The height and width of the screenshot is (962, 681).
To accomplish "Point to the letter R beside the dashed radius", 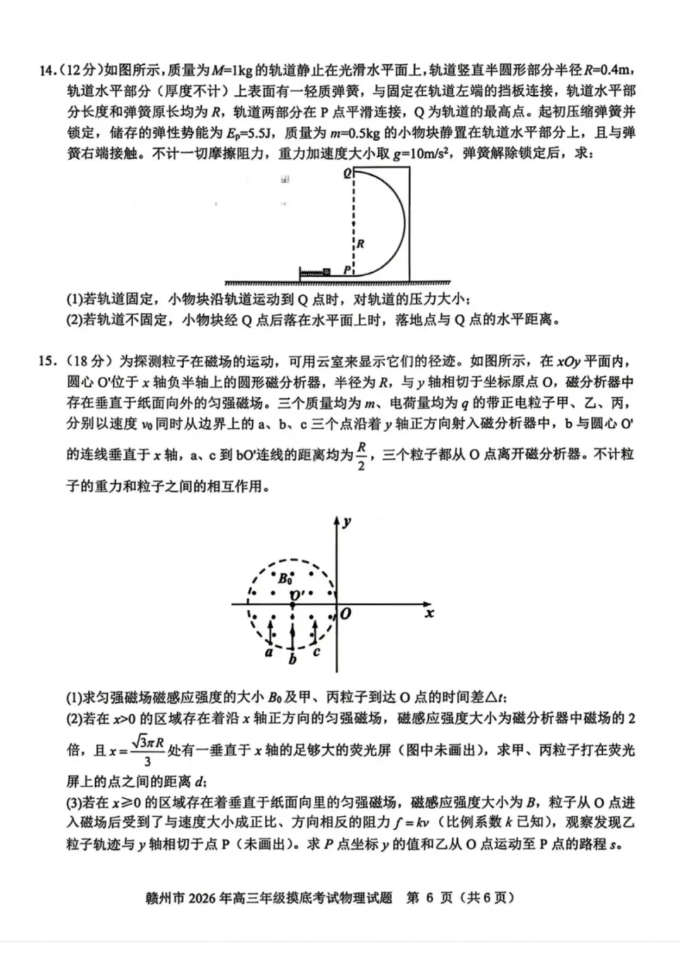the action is click(x=360, y=244).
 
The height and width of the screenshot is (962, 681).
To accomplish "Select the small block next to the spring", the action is click(x=326, y=272).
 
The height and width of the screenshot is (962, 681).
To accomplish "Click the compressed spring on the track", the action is click(x=311, y=272).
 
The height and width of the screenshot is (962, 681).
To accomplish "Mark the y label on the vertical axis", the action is click(x=347, y=522).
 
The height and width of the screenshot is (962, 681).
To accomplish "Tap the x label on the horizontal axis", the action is click(x=429, y=612).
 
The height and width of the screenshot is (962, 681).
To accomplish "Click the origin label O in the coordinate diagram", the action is click(x=346, y=613).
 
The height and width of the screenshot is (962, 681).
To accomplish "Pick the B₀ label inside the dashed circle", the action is click(x=285, y=578).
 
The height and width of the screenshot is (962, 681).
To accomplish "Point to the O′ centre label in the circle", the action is click(x=297, y=595).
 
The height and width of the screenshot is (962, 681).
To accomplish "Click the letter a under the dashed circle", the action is click(x=269, y=653).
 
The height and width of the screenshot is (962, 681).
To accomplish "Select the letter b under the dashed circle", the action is click(x=292, y=659).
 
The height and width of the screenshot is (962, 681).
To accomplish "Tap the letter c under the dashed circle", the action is click(x=317, y=651).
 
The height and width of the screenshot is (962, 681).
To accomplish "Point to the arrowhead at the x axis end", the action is click(x=419, y=604).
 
